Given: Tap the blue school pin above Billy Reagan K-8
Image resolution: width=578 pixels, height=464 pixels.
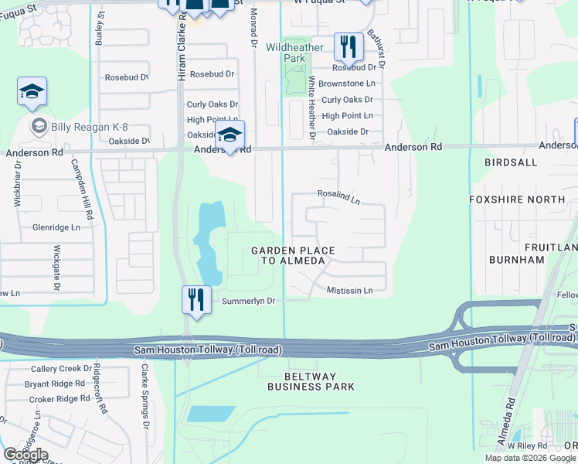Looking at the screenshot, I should click(x=32, y=93).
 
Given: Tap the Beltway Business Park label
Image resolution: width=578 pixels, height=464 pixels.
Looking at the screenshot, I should click(x=311, y=380).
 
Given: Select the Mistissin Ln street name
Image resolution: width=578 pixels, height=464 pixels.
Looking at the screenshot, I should click(x=349, y=290).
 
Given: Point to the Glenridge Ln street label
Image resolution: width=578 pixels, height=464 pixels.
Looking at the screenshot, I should click(x=56, y=227).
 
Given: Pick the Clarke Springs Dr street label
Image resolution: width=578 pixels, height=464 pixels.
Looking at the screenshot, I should click(x=144, y=397).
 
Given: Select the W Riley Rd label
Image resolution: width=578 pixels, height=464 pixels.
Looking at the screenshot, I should click(x=527, y=446).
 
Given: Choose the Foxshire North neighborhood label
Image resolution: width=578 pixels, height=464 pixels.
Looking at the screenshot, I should click(x=517, y=200).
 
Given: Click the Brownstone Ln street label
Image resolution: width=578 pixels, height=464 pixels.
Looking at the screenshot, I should click(x=347, y=84).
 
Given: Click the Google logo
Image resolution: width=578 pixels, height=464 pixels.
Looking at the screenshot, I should click(x=25, y=455).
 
